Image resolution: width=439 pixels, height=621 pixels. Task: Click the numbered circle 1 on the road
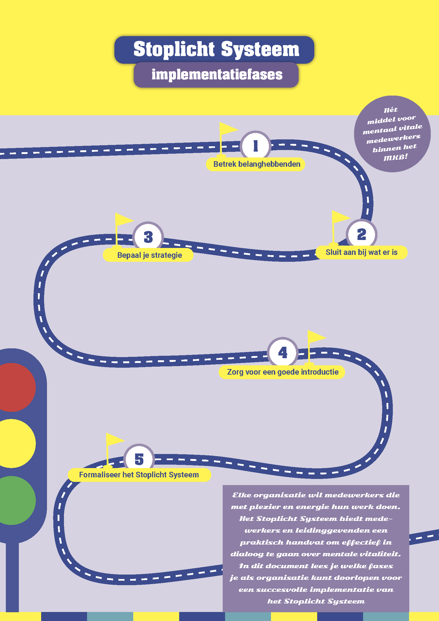[255, 146]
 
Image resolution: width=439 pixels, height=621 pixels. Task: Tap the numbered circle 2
[361, 234]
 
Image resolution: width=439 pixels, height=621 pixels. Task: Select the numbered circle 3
[148, 237]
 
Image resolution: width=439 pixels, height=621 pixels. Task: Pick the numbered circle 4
[283, 352]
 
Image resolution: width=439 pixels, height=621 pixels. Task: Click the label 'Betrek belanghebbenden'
[257, 164]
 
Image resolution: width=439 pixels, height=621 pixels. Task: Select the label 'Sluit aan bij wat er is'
[361, 252]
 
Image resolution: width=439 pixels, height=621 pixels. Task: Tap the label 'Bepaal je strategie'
[149, 255]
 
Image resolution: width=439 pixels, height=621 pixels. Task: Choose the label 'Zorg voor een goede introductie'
[282, 372]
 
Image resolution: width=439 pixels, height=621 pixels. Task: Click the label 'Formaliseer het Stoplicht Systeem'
[139, 475]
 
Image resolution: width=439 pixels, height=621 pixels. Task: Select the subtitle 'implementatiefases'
[217, 75]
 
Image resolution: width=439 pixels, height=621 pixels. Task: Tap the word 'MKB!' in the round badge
[395, 157]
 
